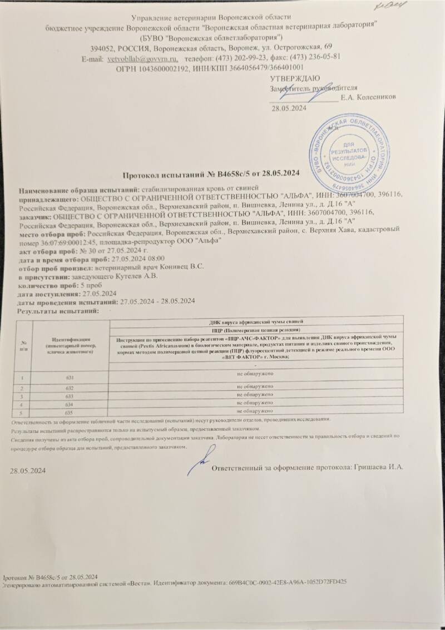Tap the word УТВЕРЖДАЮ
click(294, 78)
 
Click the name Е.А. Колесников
click(368, 97)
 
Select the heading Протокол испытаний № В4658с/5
click(210, 174)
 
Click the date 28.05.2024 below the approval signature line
click(289, 108)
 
